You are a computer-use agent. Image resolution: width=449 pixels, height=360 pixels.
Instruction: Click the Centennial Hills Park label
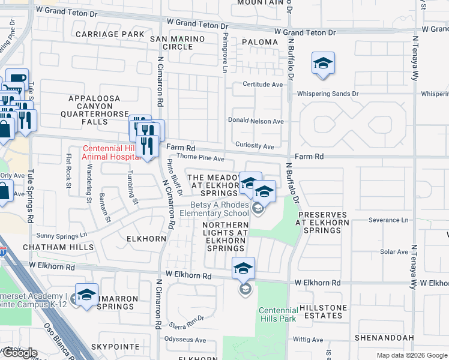(277, 314)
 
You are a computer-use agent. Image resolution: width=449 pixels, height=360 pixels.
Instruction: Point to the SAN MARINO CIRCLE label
(178, 43)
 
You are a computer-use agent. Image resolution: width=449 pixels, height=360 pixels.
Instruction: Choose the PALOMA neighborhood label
(260, 42)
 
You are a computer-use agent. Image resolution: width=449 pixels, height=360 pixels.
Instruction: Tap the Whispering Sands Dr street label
(329, 94)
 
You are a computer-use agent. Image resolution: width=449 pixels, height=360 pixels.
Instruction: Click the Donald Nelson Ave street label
(255, 121)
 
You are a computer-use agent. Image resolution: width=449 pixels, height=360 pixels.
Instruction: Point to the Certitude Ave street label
(262, 85)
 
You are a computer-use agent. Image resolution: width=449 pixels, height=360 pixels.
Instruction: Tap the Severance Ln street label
(388, 220)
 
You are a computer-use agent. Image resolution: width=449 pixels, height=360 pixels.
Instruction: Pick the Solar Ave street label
(394, 251)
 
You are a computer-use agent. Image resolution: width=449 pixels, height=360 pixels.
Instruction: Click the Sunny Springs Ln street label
(62, 235)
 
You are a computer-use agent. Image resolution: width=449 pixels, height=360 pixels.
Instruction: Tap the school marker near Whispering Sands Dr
(323, 64)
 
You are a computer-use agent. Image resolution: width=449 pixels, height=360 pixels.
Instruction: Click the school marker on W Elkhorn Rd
(243, 269)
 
